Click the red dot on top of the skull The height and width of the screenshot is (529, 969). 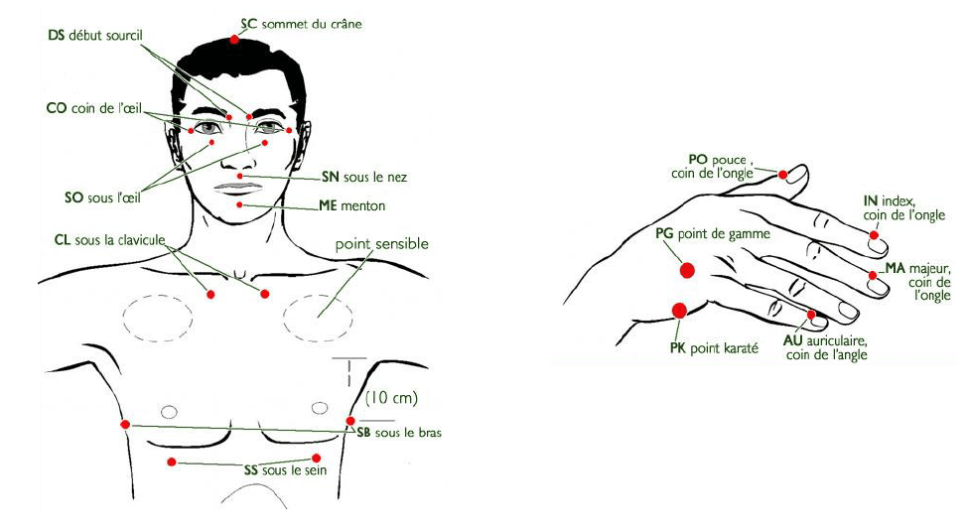(234, 40)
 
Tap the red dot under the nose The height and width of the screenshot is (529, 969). (240, 176)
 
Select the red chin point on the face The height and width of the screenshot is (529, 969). (239, 204)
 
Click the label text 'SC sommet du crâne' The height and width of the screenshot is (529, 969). (301, 25)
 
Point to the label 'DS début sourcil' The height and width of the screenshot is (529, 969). (95, 35)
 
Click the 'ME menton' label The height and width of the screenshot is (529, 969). (352, 205)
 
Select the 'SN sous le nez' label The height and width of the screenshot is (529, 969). (364, 178)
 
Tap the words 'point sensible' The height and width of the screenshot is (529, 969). (382, 244)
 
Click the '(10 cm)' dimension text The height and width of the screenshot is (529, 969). (392, 397)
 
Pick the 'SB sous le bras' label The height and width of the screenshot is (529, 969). (399, 433)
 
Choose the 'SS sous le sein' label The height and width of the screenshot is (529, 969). (285, 470)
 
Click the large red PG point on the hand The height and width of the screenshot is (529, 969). (687, 270)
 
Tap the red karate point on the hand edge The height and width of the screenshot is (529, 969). (679, 311)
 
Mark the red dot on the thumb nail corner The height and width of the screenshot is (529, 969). (783, 175)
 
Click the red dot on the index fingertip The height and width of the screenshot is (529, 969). (874, 235)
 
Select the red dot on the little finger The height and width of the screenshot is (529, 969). (811, 316)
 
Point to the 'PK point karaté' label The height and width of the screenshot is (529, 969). (714, 348)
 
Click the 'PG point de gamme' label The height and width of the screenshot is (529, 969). (713, 234)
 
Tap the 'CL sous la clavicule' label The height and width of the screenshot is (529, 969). (110, 240)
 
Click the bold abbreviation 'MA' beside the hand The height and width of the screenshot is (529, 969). (896, 268)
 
